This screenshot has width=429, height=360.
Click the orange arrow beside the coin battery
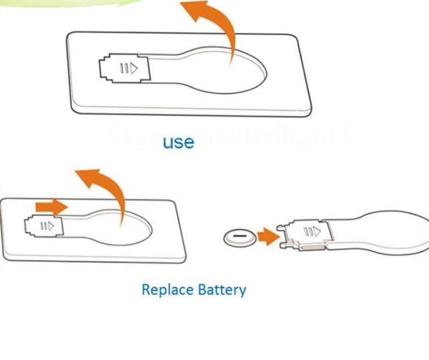[269, 235]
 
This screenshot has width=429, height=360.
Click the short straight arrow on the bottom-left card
[50, 205]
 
